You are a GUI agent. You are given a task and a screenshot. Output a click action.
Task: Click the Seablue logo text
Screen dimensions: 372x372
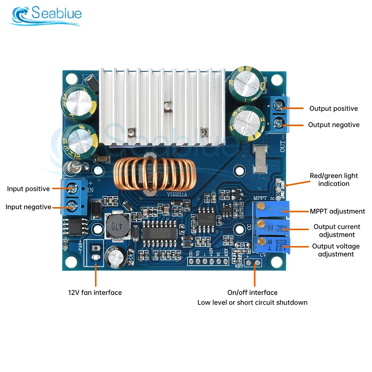(56, 14)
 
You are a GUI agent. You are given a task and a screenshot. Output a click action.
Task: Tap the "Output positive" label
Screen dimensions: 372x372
(333, 109)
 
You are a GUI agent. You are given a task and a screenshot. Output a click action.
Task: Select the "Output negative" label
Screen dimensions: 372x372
(334, 125)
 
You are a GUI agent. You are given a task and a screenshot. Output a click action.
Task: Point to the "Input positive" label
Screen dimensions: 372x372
(28, 189)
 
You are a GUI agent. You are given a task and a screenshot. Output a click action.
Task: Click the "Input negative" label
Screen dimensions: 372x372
(28, 207)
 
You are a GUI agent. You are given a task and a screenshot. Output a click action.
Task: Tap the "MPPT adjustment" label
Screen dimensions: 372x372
(337, 211)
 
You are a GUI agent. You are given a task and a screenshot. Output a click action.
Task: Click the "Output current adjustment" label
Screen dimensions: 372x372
(337, 231)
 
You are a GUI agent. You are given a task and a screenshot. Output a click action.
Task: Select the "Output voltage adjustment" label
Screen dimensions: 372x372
(336, 250)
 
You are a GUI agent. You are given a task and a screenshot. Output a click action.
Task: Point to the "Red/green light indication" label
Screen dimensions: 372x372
(334, 179)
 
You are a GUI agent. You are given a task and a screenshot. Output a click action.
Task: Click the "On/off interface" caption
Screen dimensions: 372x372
(252, 292)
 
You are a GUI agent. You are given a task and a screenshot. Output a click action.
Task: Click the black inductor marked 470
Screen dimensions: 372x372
(115, 225)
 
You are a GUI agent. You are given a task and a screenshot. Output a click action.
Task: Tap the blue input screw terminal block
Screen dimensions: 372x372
(73, 196)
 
